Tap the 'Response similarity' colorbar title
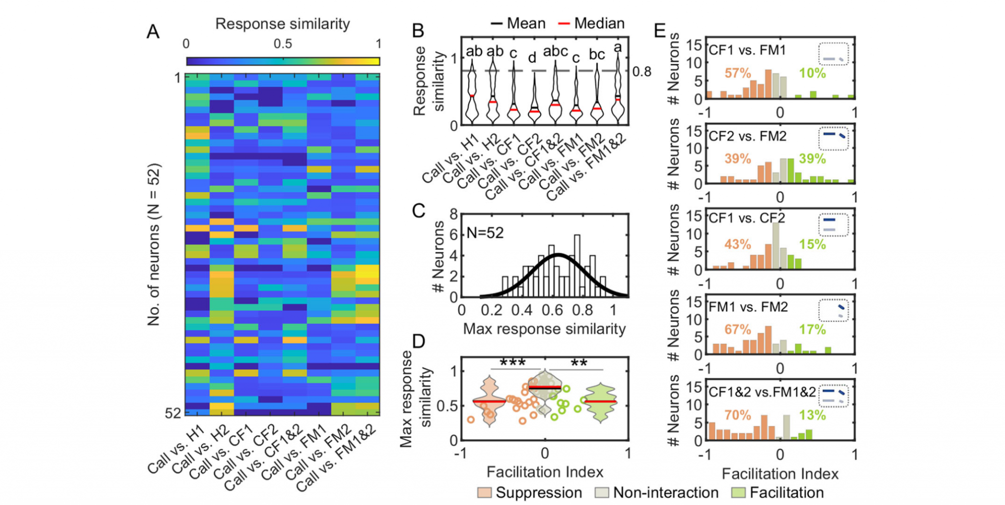283,24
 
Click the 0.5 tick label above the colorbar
283,44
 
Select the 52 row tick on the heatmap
173,413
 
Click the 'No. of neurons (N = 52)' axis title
154,245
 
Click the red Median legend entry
592,23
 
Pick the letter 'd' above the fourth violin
532,58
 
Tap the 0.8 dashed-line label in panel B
642,72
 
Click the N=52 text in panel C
485,232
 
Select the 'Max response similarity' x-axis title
544,329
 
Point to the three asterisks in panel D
512,364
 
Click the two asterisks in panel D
579,364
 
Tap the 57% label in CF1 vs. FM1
738,73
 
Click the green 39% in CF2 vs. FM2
812,159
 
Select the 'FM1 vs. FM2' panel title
748,307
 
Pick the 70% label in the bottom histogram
738,415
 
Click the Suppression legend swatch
484,492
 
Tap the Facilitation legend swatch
739,492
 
